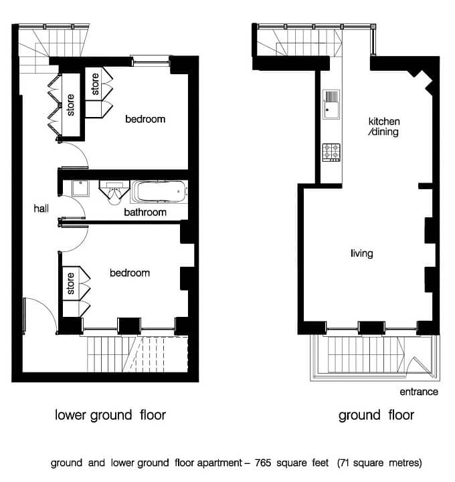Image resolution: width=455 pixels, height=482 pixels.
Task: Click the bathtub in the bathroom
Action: [159, 191]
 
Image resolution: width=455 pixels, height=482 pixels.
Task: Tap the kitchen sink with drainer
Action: [331, 104]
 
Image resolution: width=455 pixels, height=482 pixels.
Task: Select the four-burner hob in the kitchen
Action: [331, 152]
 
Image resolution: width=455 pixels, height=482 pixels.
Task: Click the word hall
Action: [41, 209]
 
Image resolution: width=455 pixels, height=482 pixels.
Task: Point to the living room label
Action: [362, 253]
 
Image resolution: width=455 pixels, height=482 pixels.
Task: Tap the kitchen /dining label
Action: [384, 126]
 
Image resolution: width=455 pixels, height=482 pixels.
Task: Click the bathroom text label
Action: [145, 212]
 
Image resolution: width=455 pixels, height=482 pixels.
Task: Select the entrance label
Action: [419, 392]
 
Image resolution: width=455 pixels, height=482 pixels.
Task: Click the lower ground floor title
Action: [110, 415]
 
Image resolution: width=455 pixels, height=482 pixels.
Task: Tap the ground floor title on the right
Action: [376, 415]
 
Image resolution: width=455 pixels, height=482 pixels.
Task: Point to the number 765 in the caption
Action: [263, 463]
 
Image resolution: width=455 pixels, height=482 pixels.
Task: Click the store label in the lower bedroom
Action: [71, 283]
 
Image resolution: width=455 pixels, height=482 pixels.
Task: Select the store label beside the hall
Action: [70, 105]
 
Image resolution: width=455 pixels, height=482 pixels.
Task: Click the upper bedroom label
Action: [145, 119]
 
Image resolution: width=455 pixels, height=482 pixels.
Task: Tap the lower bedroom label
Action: [130, 273]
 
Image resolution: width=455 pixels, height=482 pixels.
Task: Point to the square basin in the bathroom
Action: [80, 188]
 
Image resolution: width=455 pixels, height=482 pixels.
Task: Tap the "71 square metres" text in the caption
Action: [379, 463]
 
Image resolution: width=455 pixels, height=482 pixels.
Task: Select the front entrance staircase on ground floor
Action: [366, 354]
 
